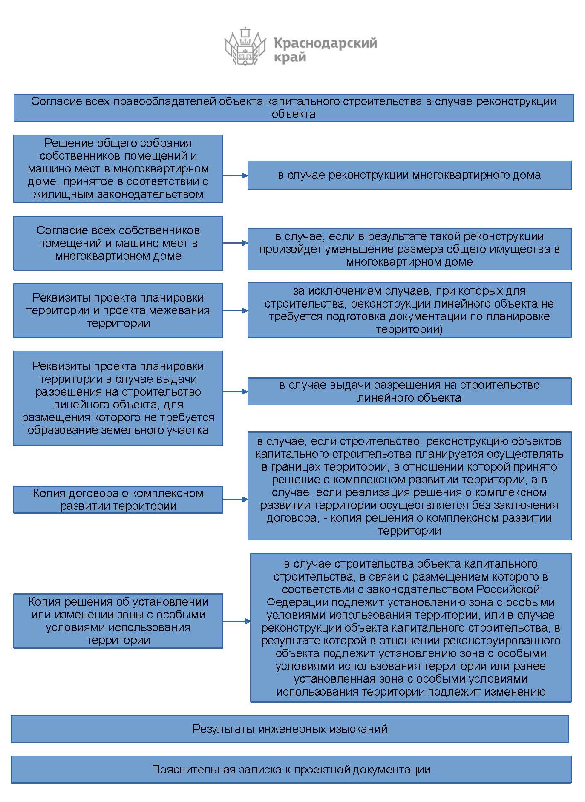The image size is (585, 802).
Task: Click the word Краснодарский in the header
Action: click(325, 43)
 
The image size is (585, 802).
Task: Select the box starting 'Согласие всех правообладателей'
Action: click(294, 108)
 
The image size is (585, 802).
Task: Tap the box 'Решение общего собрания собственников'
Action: click(118, 169)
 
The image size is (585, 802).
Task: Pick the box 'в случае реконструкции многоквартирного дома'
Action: click(409, 175)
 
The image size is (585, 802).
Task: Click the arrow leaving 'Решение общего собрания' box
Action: click(235, 175)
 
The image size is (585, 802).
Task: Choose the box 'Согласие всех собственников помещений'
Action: click(118, 243)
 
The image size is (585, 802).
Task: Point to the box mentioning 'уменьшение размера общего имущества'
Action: click(409, 249)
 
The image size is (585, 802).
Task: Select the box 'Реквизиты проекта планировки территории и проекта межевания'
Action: click(118, 310)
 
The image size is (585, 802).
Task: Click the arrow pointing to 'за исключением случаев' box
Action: click(235, 310)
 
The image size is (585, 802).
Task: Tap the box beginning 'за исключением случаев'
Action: click(409, 310)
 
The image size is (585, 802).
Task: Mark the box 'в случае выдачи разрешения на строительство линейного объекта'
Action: click(409, 391)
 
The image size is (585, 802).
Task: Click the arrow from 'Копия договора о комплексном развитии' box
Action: click(235, 499)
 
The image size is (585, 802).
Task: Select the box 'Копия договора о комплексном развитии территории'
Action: click(118, 500)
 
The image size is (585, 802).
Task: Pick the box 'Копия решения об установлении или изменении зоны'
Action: click(118, 621)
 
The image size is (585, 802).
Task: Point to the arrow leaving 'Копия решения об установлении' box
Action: click(236, 621)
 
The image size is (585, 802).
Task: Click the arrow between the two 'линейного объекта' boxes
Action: click(235, 391)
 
